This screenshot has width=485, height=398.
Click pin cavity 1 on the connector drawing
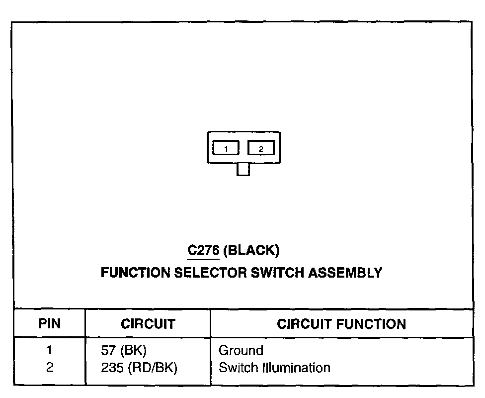(x=226, y=148)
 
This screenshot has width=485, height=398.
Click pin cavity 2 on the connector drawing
(x=261, y=148)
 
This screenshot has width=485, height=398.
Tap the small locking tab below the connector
(x=243, y=170)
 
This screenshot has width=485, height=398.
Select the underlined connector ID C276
(x=203, y=250)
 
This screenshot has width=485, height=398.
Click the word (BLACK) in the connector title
(x=251, y=250)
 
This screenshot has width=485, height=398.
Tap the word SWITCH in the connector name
(x=271, y=273)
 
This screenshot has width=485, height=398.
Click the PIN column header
(x=50, y=324)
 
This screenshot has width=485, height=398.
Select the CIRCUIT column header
(x=148, y=324)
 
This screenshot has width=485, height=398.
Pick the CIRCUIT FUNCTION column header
(x=341, y=324)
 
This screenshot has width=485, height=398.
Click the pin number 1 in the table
(x=49, y=351)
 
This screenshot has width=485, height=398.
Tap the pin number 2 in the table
(x=49, y=368)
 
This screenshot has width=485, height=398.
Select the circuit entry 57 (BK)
(x=124, y=351)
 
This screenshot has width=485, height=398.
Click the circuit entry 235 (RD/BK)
(x=139, y=368)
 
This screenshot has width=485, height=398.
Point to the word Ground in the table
(x=241, y=351)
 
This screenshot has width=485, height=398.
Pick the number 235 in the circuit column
(x=111, y=368)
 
